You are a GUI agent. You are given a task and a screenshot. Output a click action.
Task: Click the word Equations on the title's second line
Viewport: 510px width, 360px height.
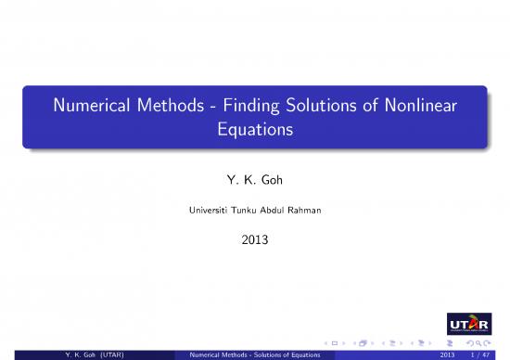pos(255,131)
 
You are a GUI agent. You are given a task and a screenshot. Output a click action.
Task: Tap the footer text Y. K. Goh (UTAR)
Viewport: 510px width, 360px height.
pos(91,354)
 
